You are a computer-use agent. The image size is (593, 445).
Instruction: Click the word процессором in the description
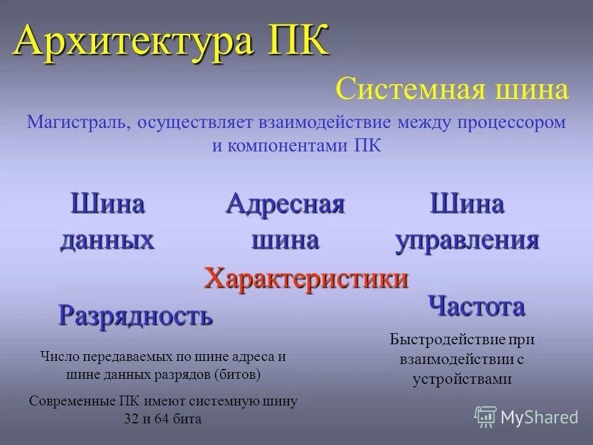point(511,122)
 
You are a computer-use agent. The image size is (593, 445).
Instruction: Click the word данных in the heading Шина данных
point(107,239)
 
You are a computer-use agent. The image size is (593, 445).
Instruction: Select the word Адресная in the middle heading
point(285,203)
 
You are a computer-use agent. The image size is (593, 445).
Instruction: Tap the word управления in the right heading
point(468,239)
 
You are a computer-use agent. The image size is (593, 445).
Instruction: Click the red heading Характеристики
point(306,278)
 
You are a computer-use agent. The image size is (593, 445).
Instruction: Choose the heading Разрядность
point(135,315)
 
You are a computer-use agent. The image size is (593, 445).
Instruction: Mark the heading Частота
point(476,306)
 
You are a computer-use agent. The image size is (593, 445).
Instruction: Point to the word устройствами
point(462,379)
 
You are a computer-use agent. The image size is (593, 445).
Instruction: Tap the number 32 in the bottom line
point(132,418)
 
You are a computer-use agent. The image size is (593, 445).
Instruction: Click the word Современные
point(74,400)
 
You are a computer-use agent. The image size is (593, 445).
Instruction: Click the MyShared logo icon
point(486,417)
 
